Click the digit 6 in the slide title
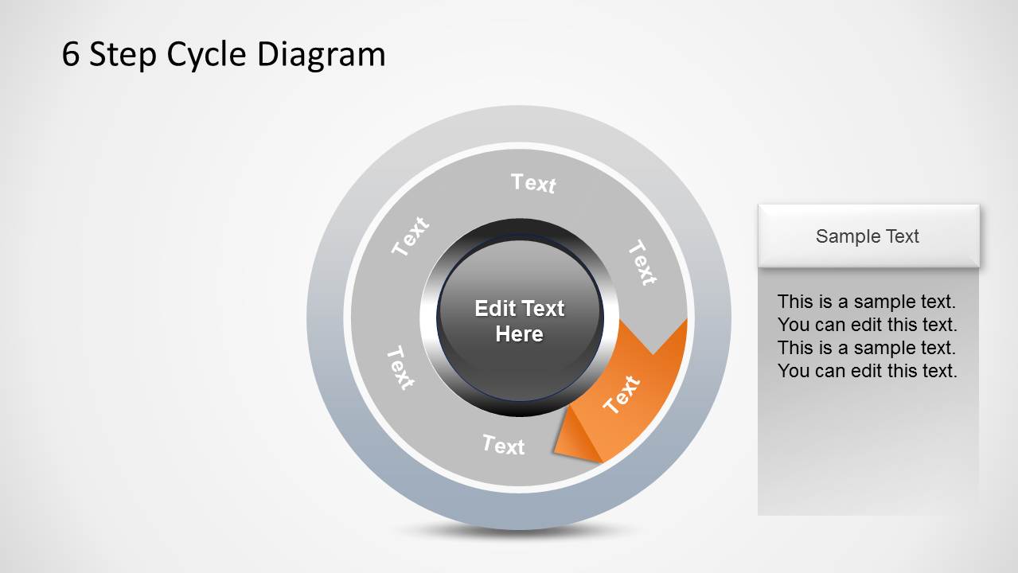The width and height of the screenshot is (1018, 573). click(71, 55)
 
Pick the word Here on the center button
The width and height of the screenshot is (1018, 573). click(519, 334)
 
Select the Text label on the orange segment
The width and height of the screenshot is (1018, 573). click(622, 395)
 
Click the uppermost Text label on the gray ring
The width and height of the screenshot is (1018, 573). click(533, 183)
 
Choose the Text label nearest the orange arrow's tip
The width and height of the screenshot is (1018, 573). click(504, 445)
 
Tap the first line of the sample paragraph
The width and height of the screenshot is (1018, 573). click(866, 302)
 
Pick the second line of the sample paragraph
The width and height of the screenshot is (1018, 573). click(867, 325)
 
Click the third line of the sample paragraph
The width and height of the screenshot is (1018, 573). click(866, 348)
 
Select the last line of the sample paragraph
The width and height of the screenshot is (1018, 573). click(867, 371)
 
